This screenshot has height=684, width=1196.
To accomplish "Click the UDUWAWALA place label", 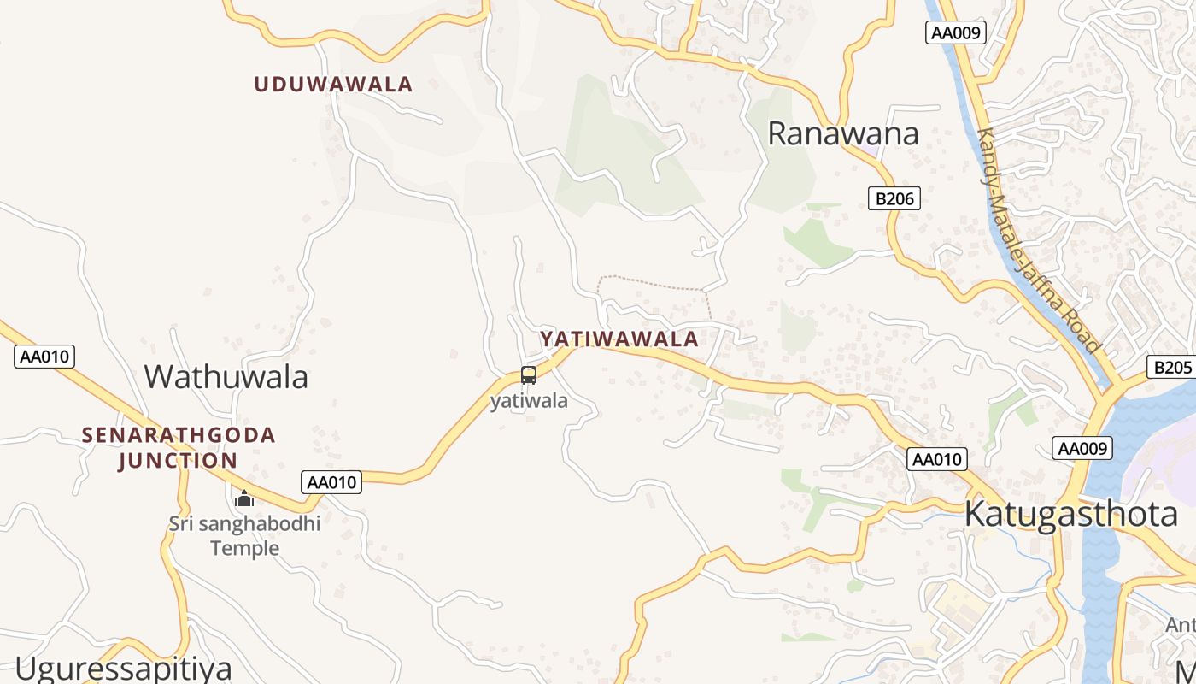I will [x=333, y=84].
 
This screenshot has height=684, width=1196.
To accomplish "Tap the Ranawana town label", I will [x=842, y=133].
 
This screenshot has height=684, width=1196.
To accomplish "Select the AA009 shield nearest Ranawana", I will [x=956, y=33].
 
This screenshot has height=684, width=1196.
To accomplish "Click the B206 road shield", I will [x=894, y=199].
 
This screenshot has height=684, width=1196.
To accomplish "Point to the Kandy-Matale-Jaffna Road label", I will [x=1037, y=240].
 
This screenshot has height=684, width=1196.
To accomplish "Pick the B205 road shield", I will [x=1171, y=367].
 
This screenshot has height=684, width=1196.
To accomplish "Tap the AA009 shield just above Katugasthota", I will [x=1082, y=448].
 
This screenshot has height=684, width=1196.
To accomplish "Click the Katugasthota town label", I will [x=1070, y=514].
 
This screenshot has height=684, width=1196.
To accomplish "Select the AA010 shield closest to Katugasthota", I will [x=936, y=459].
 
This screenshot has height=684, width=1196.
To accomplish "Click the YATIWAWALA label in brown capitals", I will [x=619, y=339].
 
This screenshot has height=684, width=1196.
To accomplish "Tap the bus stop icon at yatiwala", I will [x=529, y=375].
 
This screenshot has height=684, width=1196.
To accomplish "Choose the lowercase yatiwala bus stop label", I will [x=529, y=400].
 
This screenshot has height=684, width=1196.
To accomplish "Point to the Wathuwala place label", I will [x=226, y=376].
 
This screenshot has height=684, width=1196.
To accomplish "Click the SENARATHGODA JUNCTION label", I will [x=179, y=447].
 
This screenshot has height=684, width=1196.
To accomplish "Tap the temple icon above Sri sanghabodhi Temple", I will [x=244, y=498].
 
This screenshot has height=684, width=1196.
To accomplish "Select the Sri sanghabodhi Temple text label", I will [x=244, y=535].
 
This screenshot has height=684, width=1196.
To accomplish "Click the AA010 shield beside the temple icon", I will [x=331, y=482].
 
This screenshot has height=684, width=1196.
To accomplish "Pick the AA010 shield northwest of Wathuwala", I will [x=44, y=357].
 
